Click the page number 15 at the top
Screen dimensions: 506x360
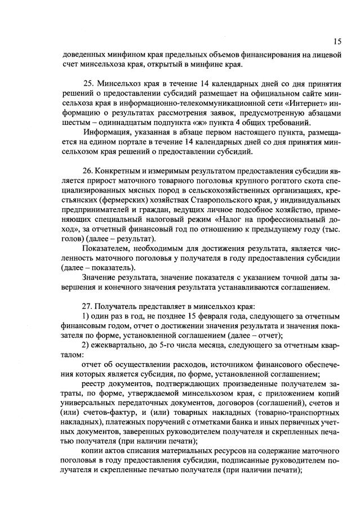pos(337,41)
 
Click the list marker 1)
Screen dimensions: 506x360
pos(86,316)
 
